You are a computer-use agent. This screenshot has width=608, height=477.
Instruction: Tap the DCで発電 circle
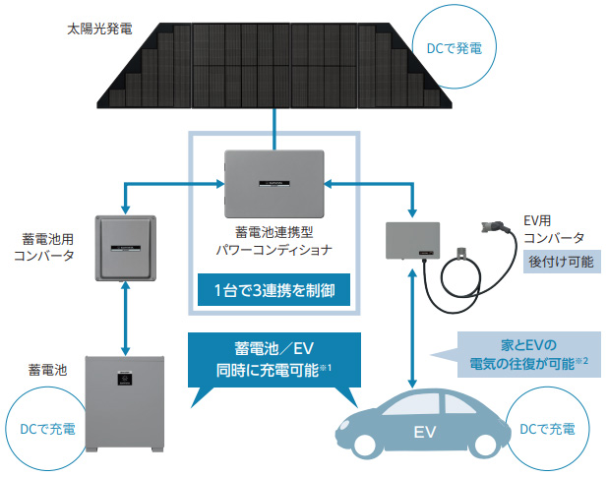[454, 45]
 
